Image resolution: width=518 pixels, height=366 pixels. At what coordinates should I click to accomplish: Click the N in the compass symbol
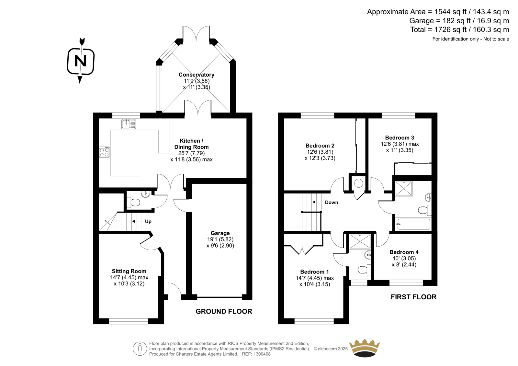pos(81,61)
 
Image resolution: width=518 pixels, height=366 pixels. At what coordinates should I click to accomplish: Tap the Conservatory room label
pos(196,75)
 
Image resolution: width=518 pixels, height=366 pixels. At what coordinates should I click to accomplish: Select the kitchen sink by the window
pos(128,124)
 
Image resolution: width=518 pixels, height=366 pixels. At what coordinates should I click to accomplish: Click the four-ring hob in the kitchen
pos(104,152)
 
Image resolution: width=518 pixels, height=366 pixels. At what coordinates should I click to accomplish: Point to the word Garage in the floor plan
pos(220,233)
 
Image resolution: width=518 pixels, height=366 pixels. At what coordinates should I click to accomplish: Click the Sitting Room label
pos(129,271)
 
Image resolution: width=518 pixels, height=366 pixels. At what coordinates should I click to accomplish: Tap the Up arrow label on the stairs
pos(148,221)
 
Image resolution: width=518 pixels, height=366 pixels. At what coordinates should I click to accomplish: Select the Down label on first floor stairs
pos(332,202)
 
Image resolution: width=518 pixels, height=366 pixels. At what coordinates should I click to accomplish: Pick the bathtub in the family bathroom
pos(413,224)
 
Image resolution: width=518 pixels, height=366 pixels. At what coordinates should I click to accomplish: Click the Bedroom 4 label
pos(404,252)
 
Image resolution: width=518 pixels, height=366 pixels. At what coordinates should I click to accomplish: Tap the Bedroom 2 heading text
pos(320,146)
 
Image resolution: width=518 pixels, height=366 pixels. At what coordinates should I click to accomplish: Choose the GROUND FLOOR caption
pos(224,311)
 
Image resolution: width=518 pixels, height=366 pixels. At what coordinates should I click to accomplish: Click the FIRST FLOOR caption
pos(413,297)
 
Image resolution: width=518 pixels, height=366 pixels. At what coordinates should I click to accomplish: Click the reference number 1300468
pos(262,354)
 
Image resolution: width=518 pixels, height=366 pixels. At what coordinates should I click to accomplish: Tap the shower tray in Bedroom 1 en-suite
pos(360,242)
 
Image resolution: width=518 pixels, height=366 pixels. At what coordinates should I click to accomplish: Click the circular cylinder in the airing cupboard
pos(358,183)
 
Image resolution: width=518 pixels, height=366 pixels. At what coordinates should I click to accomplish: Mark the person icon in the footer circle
pos(140,349)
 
